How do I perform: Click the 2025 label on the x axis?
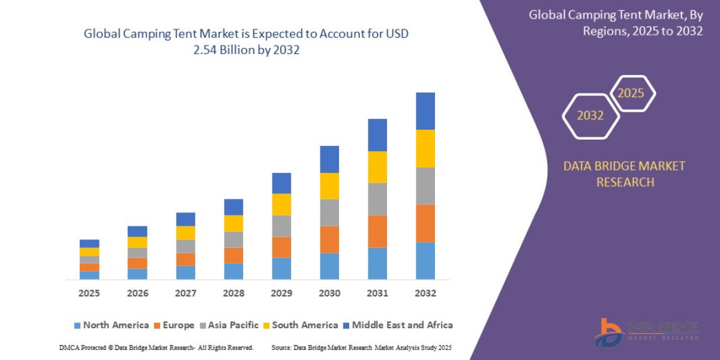(x=89, y=293)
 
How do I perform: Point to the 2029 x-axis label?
(x=281, y=293)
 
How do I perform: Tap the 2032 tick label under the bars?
(x=425, y=293)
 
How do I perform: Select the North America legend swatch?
(x=77, y=325)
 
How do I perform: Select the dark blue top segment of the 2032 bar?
(x=425, y=111)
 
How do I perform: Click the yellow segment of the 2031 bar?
(x=377, y=167)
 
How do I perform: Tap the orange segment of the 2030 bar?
(x=329, y=239)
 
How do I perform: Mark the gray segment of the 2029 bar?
(x=281, y=226)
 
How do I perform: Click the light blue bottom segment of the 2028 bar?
(x=233, y=271)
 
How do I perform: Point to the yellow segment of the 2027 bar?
(x=185, y=233)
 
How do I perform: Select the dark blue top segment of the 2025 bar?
(x=89, y=244)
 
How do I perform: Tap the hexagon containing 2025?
(x=632, y=94)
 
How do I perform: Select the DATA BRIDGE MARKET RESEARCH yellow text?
(x=624, y=174)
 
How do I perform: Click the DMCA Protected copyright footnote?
(x=156, y=347)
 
